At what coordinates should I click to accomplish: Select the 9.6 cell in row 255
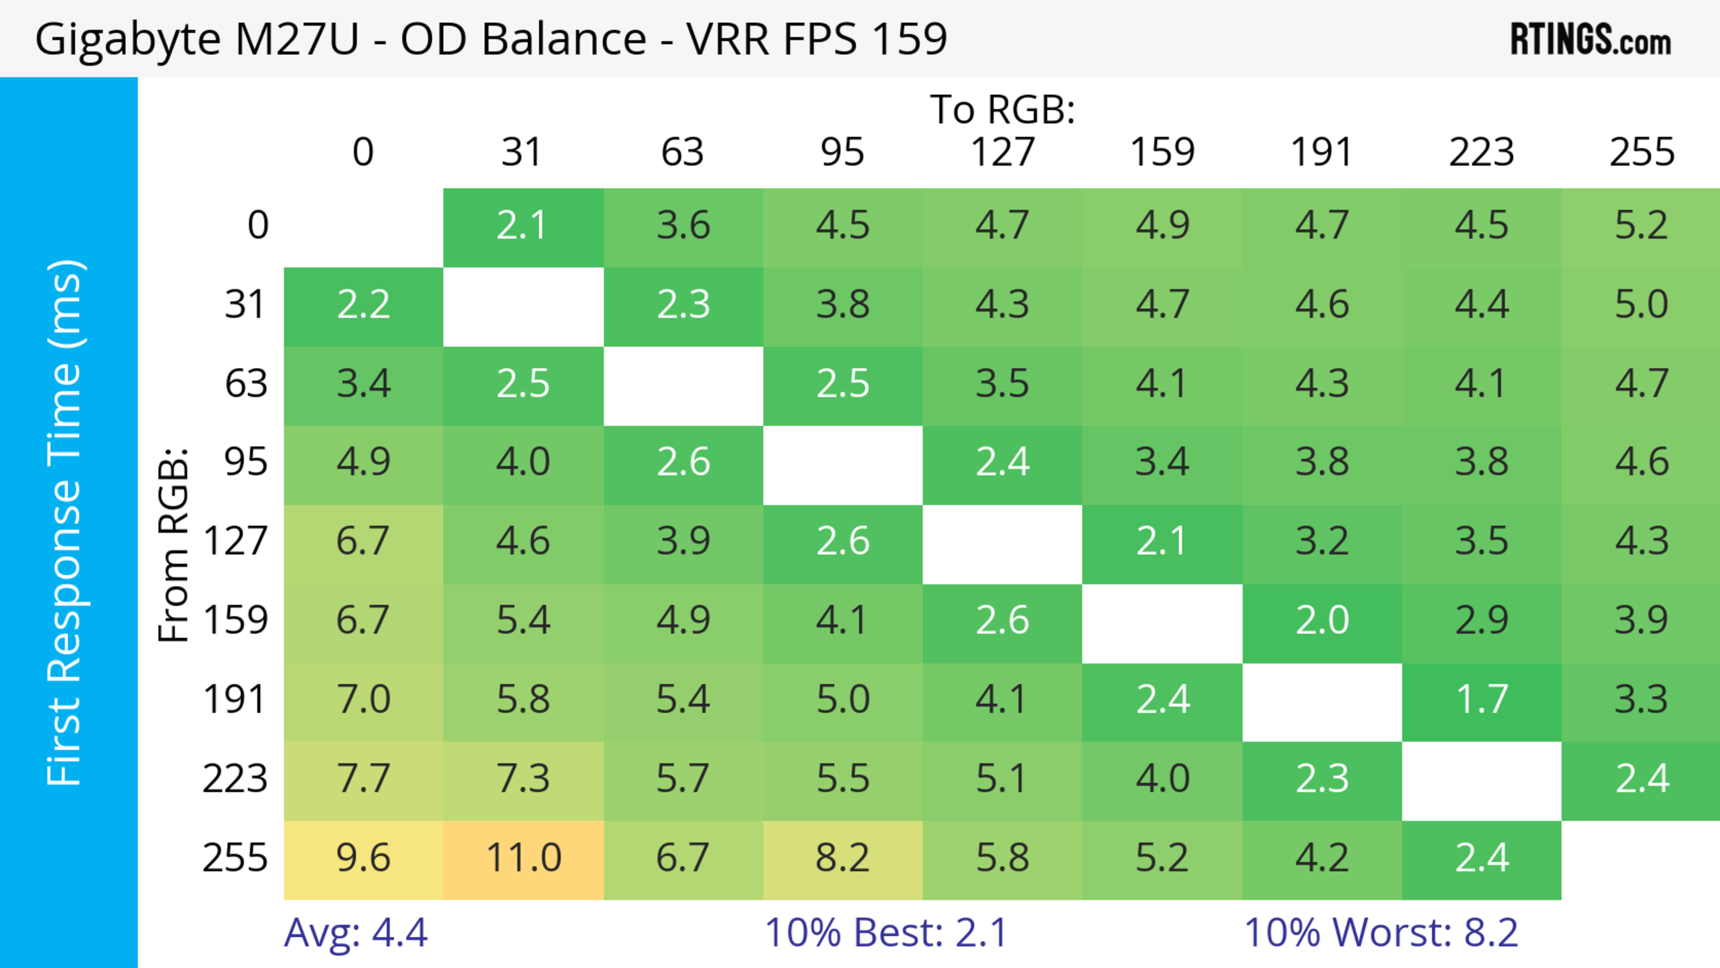(x=363, y=859)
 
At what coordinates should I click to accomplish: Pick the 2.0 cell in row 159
(x=1322, y=621)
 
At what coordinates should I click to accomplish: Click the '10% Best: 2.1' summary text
(x=886, y=932)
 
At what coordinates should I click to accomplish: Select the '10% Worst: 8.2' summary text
(x=1381, y=932)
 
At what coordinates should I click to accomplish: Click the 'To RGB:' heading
(x=1002, y=109)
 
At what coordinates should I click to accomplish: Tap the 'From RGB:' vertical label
(x=174, y=545)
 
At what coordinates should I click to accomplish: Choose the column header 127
(x=1002, y=152)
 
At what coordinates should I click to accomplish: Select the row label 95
(x=246, y=462)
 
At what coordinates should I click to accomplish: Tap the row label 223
(x=235, y=779)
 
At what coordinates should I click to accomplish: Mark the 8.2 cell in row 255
(x=843, y=859)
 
